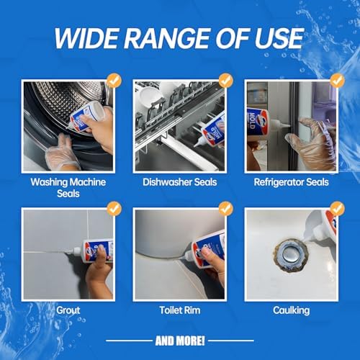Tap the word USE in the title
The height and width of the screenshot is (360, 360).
[x=279, y=38]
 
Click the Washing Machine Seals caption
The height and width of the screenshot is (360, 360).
[x=68, y=188]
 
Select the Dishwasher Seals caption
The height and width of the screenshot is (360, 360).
[x=180, y=182]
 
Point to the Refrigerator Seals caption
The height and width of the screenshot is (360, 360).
[x=292, y=182]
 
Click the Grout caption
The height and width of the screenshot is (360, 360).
[x=68, y=310]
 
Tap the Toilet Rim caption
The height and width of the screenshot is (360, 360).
[x=180, y=310]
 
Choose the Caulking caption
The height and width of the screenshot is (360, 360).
[x=292, y=310]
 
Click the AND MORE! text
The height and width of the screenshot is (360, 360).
[x=180, y=341]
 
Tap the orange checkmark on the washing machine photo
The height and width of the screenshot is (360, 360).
[x=114, y=81]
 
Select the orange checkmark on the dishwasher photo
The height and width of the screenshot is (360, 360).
[x=226, y=81]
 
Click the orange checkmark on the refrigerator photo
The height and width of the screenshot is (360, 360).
[x=338, y=81]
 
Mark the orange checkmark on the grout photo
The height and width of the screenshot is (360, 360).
[x=114, y=209]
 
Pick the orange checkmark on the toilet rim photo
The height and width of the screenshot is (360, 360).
[x=226, y=209]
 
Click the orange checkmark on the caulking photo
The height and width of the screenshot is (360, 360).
[x=338, y=209]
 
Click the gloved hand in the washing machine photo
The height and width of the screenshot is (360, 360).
[x=61, y=153]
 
